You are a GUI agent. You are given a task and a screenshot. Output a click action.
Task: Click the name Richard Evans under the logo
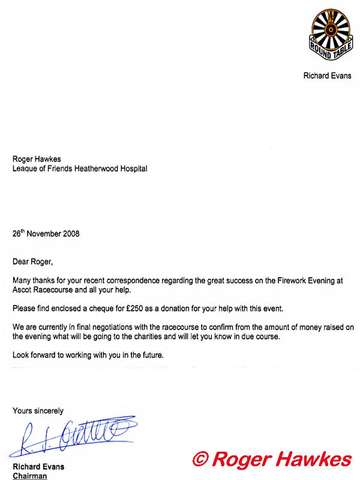click(x=328, y=76)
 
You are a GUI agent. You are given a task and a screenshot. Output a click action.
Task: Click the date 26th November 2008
click(x=46, y=233)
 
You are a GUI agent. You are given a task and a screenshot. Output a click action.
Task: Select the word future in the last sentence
click(x=149, y=355)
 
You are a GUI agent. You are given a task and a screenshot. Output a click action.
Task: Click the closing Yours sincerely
click(x=38, y=411)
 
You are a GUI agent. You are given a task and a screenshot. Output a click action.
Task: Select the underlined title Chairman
click(x=30, y=476)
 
